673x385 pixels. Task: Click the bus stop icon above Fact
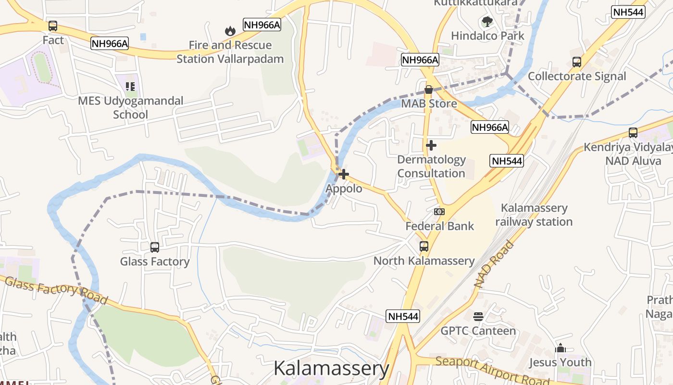tap(53, 26)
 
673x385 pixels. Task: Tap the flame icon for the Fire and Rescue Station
tap(230, 31)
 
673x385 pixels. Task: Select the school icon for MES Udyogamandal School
tap(130, 87)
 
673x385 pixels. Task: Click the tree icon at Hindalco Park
tap(487, 22)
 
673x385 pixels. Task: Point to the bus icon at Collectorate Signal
tap(577, 62)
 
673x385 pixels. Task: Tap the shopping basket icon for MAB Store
tap(428, 90)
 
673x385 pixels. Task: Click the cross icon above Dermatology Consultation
tap(431, 145)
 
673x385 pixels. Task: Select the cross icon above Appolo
tap(344, 174)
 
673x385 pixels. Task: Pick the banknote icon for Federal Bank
tap(439, 212)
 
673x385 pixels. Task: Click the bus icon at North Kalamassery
tap(424, 246)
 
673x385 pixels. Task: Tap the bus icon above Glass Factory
tap(155, 247)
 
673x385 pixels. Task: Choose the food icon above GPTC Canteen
tap(478, 316)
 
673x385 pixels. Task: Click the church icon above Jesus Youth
tap(560, 348)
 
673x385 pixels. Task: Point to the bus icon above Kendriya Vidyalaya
tap(633, 133)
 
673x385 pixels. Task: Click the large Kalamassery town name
tap(331, 369)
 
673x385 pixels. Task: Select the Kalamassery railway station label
tap(534, 215)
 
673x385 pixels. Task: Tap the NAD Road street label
tap(494, 265)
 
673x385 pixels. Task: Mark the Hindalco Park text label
tap(487, 36)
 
